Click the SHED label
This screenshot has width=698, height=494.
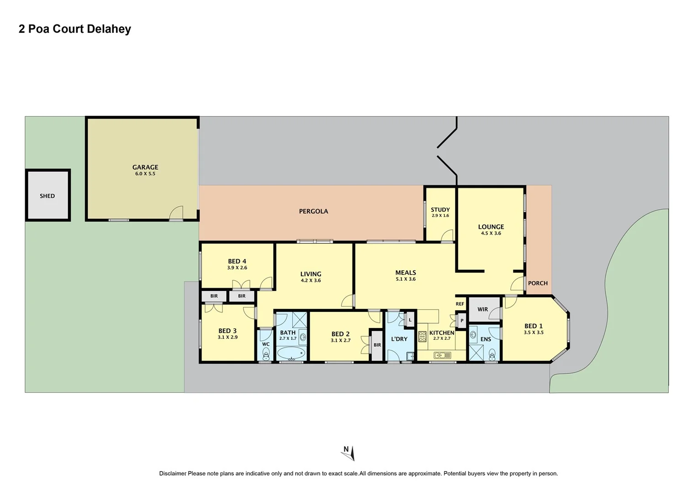[x=47, y=196]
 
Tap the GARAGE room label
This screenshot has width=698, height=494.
[x=145, y=167]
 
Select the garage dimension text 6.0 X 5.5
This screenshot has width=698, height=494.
[x=145, y=174]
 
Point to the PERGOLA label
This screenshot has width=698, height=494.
[x=313, y=211]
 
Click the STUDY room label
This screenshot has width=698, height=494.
[x=440, y=210]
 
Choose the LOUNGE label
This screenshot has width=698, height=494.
[x=491, y=227]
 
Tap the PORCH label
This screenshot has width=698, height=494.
[x=538, y=283]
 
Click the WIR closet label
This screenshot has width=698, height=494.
[x=483, y=310]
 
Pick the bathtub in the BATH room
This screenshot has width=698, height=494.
[x=291, y=354]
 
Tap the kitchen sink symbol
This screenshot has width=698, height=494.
[x=442, y=355]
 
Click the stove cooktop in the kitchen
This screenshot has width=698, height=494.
[x=422, y=336]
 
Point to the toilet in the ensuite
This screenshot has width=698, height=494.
[x=492, y=354]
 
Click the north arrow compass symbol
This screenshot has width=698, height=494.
[x=348, y=452]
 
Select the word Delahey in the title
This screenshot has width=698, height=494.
[x=109, y=29]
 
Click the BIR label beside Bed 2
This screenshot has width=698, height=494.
[x=377, y=345]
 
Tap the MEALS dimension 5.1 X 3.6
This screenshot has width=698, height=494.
[x=406, y=279]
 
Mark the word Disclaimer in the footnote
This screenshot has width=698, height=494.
[x=173, y=474]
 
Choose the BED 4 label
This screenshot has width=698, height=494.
[x=237, y=262]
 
